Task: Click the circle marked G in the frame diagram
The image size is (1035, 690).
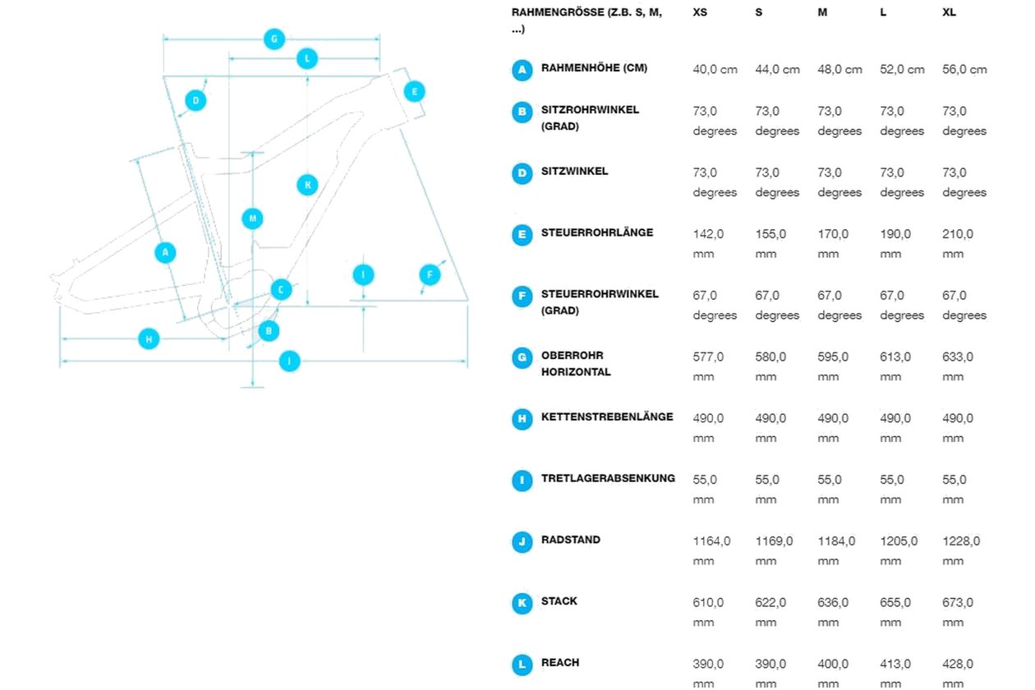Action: coord(274,39)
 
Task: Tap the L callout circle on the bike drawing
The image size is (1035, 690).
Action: coord(307,58)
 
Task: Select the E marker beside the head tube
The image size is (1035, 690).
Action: coord(415,91)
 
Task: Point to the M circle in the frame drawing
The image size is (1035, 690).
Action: coord(253,218)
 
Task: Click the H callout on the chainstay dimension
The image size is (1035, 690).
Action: coord(149,339)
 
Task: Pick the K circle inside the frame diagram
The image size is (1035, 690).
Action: coord(307,185)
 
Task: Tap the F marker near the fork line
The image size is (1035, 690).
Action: coord(430,275)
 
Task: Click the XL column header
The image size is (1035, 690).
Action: coord(949,12)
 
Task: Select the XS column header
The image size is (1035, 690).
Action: coord(700,12)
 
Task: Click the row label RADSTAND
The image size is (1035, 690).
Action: coord(571,540)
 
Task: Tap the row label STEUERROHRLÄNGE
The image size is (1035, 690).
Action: coord(597,232)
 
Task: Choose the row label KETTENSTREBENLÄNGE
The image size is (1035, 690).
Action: coord(607,416)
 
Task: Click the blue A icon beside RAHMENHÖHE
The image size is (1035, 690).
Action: coord(522,71)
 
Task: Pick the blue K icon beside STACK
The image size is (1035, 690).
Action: coord(522,604)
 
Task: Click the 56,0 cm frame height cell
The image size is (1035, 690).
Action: coord(964,70)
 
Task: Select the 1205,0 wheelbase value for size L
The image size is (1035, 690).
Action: coord(899,551)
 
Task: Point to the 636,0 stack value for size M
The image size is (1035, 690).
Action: coord(833,612)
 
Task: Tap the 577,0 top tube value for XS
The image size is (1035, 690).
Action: coord(708,367)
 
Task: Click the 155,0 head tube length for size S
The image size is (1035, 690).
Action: coord(770,244)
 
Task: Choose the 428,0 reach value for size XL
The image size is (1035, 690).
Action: coord(958,674)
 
